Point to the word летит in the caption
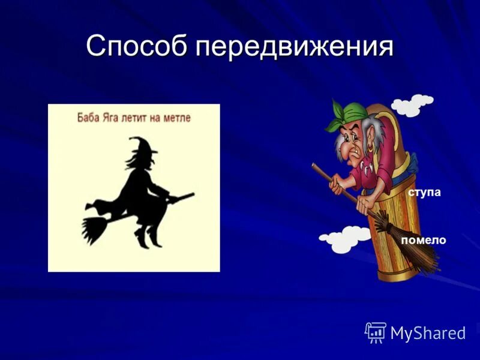(x=140, y=118)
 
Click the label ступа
(x=424, y=192)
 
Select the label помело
(x=424, y=240)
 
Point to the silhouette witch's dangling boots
(x=144, y=237)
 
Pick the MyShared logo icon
(x=376, y=332)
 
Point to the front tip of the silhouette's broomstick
(x=193, y=195)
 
